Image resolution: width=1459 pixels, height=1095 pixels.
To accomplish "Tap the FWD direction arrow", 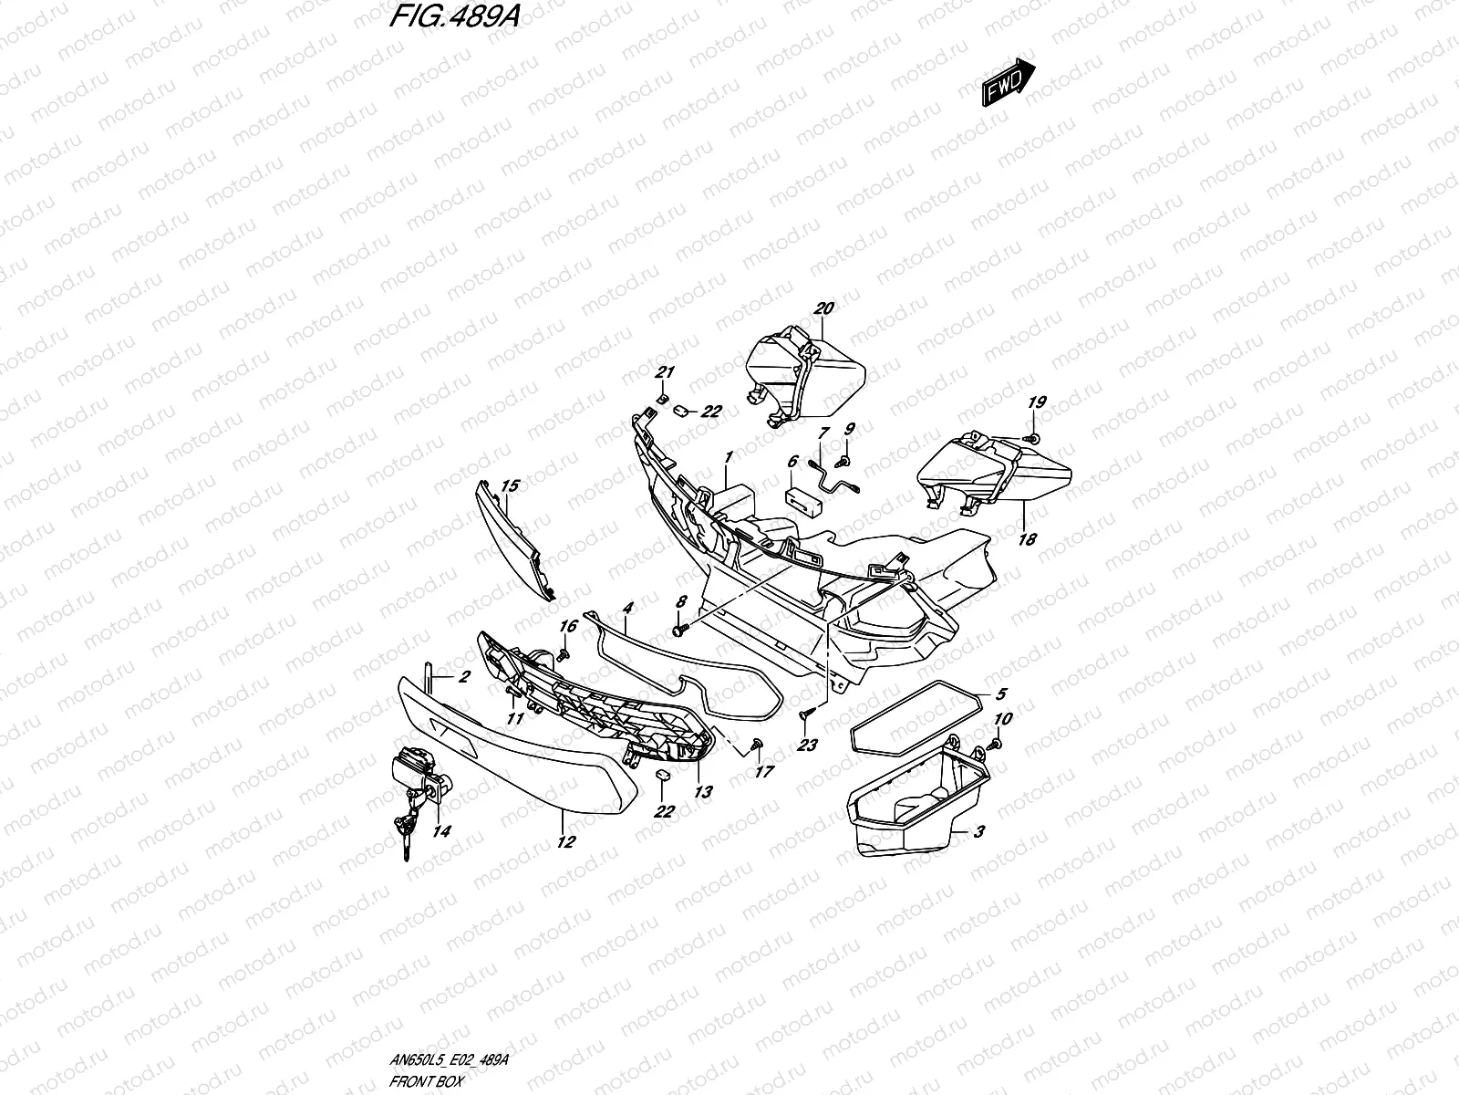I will click(1008, 84).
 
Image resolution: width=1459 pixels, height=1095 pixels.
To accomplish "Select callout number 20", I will click(823, 308).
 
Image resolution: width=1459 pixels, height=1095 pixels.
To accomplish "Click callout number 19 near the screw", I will click(1037, 402).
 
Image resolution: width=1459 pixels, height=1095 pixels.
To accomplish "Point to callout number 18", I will click(1027, 539).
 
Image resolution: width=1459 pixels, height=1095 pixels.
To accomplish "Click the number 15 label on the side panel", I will click(510, 485).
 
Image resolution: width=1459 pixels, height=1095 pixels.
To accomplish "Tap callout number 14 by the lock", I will click(441, 831).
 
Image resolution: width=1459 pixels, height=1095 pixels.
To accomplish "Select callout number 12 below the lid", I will click(566, 842).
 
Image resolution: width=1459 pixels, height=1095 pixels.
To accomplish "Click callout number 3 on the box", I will click(978, 831).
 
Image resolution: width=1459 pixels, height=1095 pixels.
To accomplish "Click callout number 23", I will click(806, 745).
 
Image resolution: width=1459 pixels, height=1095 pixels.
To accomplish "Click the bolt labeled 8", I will click(678, 629).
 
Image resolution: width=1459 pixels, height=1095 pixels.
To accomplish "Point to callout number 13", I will click(703, 792).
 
